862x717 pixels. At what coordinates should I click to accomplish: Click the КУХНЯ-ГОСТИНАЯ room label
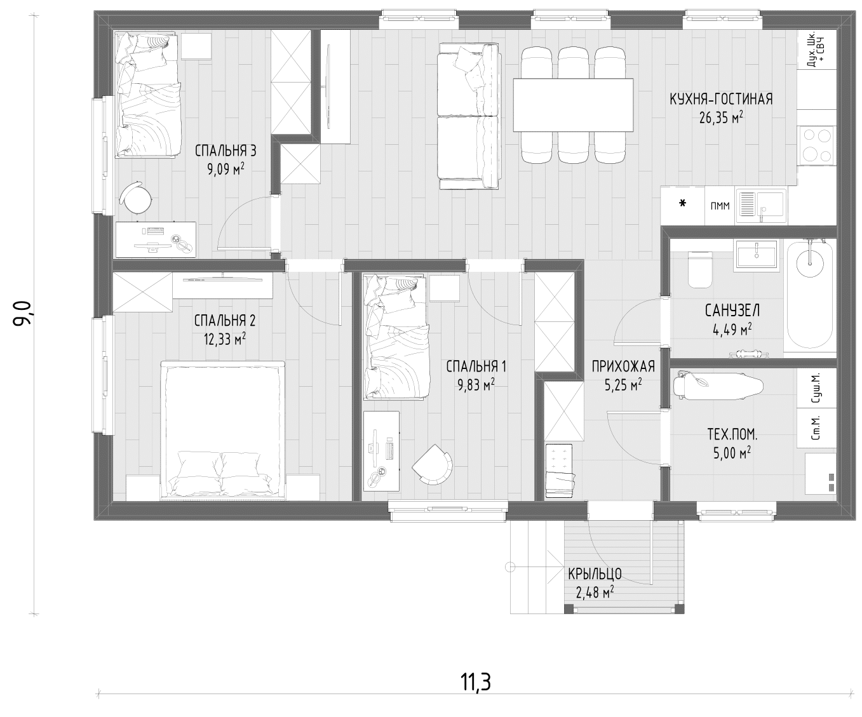click(721, 99)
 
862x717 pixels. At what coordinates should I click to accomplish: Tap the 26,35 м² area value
click(721, 118)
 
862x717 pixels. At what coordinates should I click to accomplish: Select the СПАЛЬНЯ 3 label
click(226, 151)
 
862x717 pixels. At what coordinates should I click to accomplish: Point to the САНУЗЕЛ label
click(732, 311)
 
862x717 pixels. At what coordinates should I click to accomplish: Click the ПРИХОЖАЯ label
click(623, 366)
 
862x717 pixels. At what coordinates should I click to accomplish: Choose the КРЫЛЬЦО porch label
click(595, 574)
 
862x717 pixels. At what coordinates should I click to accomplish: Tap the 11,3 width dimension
click(476, 682)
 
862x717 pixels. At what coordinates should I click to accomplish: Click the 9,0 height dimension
click(22, 314)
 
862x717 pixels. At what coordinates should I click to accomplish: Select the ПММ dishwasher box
click(720, 205)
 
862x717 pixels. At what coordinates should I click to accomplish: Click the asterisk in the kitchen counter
click(683, 203)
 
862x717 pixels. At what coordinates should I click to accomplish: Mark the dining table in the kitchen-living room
click(573, 105)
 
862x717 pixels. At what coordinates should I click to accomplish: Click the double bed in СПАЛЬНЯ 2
click(223, 431)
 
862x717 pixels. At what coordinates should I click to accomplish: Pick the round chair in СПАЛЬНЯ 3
click(136, 198)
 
